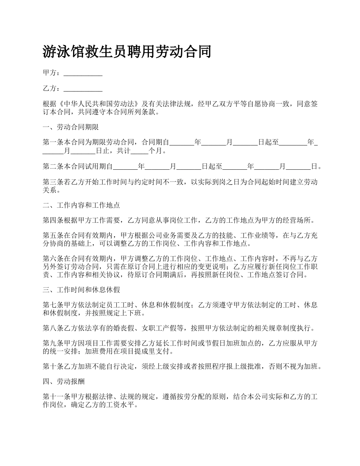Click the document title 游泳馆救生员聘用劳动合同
(x=127, y=52)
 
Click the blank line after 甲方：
(x=83, y=73)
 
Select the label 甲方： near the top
(x=52, y=73)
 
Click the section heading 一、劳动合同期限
(x=71, y=127)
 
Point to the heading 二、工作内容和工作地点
(x=81, y=205)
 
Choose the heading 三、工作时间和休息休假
(x=81, y=290)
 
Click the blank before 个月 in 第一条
(x=139, y=151)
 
